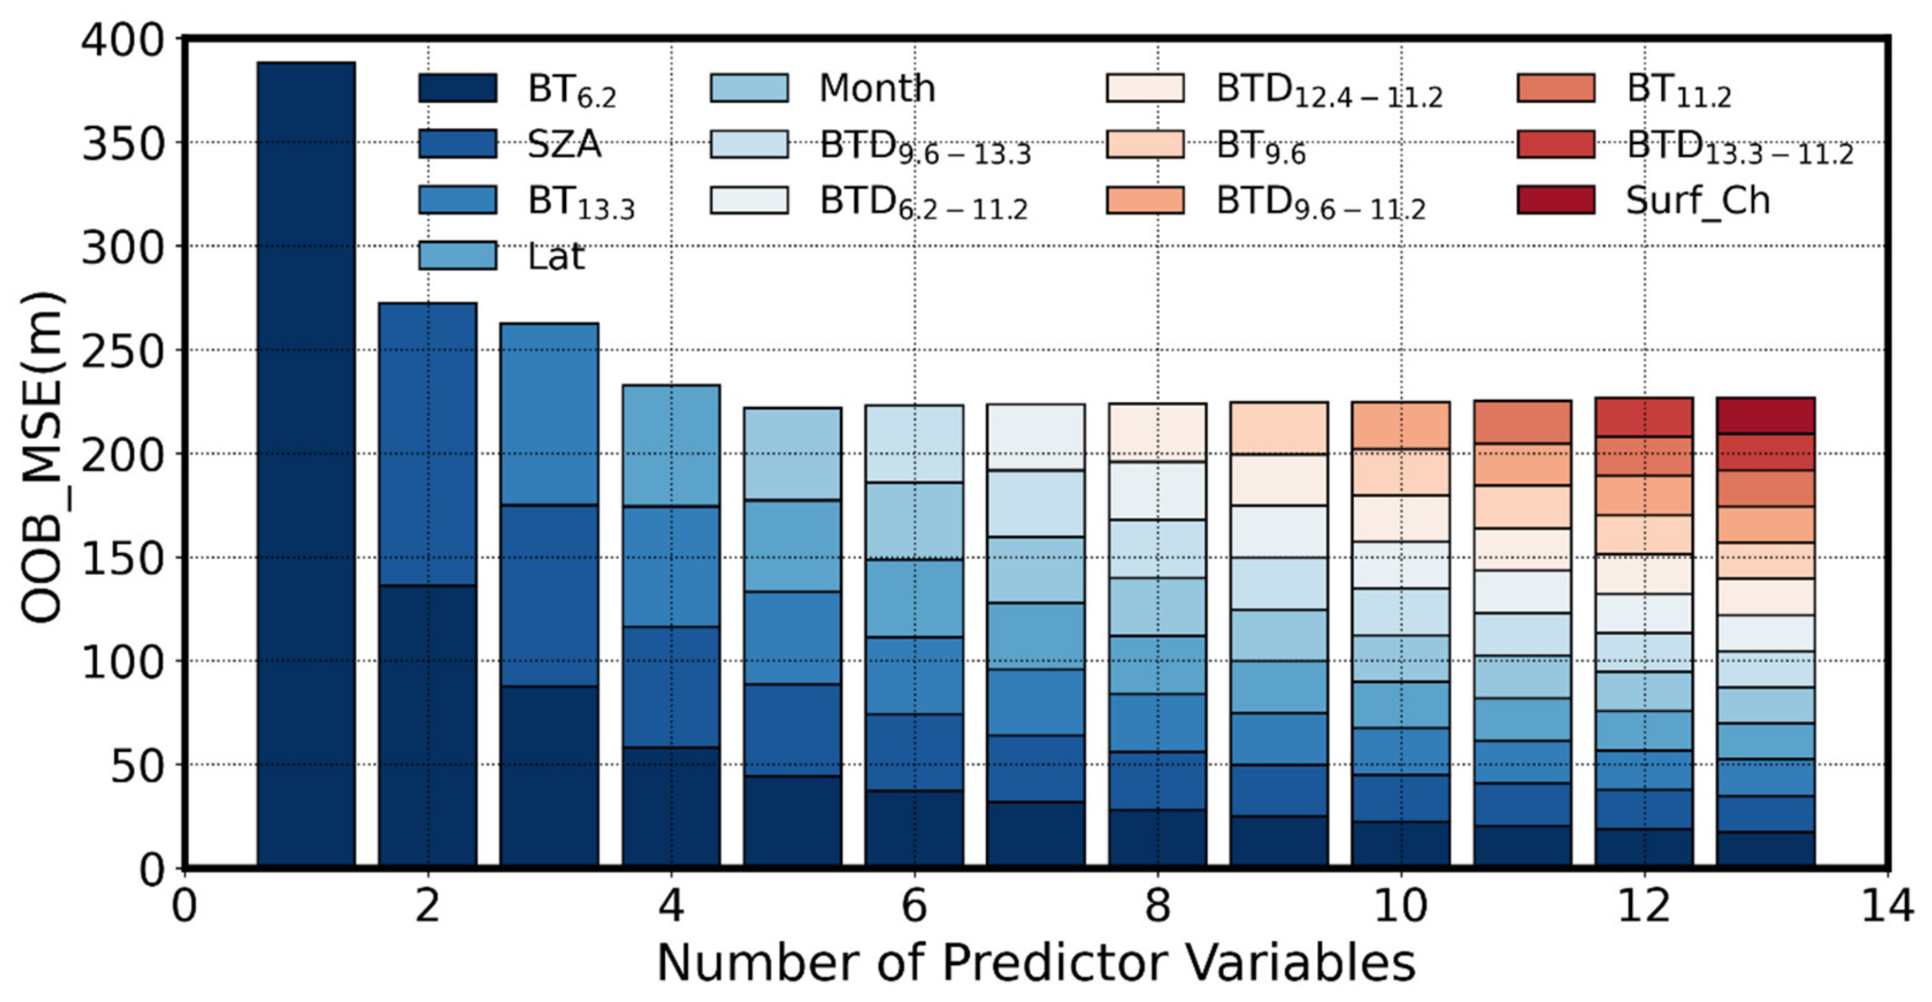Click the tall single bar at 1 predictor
306,465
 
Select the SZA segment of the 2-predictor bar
428,444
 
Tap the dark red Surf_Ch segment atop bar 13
1766,415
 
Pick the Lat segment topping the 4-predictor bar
671,446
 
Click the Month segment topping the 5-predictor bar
793,454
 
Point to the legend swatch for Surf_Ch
1556,200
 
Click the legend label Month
877,89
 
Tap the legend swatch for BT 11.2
1556,88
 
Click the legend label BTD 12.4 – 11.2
1329,92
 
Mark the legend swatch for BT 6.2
458,88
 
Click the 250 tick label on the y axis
122,351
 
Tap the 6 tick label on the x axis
914,906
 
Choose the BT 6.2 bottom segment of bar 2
428,726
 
